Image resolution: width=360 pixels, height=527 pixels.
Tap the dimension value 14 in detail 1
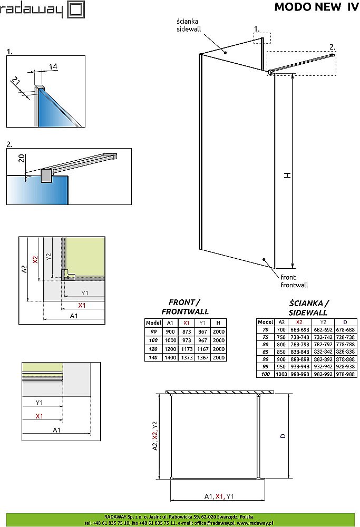coord(53,66)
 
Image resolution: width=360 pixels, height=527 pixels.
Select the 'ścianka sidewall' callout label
coord(188,25)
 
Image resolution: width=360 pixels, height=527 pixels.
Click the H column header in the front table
coord(218,323)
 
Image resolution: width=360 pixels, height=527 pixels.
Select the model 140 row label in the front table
coord(153,357)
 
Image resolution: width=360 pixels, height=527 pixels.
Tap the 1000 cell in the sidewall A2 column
coord(281,374)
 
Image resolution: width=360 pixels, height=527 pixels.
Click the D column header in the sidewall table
coord(345,322)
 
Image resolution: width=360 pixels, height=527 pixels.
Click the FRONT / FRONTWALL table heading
coord(184,307)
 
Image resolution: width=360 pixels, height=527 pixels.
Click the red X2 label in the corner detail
coord(35,260)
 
